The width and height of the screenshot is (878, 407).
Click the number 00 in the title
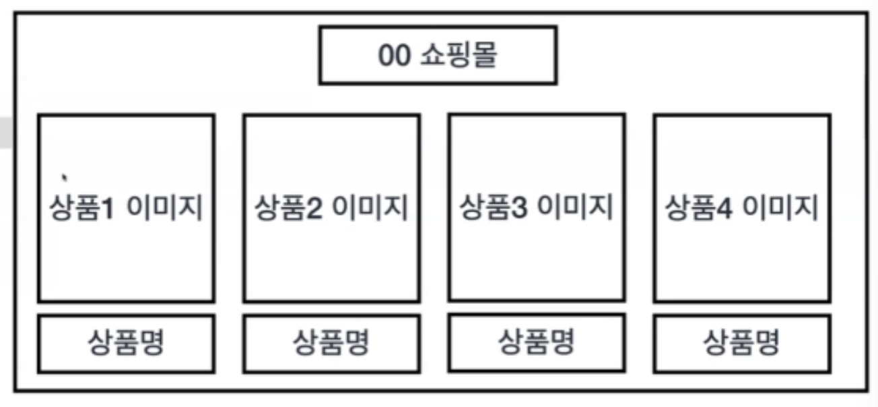(394, 56)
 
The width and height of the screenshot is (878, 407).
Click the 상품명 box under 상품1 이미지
(127, 344)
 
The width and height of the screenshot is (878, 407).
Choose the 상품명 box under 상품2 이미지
(331, 344)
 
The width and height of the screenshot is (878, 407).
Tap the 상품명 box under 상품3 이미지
(537, 342)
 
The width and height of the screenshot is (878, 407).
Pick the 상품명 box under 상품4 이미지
(742, 344)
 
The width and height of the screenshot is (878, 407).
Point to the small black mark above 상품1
(64, 178)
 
